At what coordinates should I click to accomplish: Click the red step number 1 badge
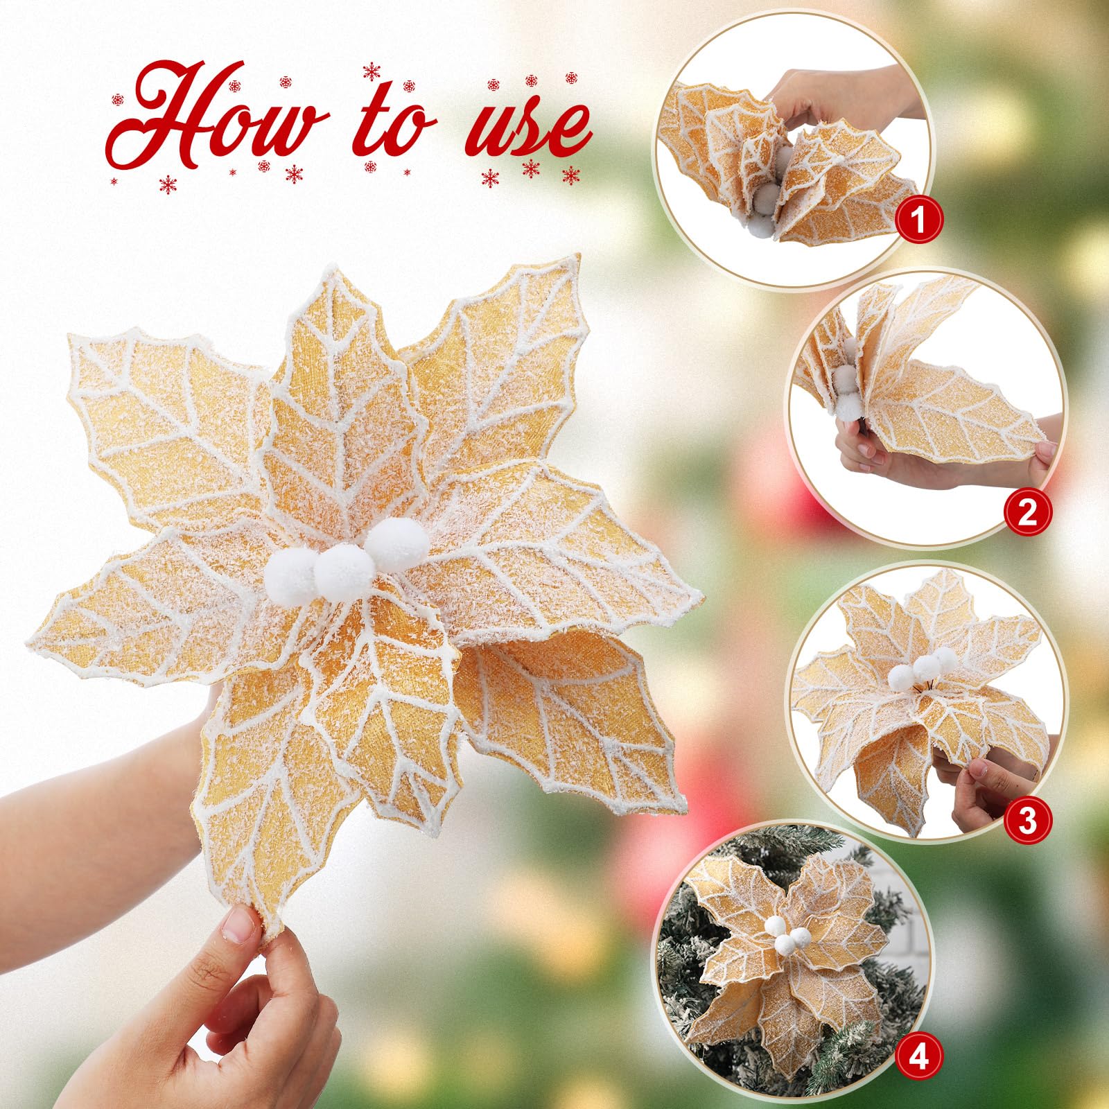tap(918, 222)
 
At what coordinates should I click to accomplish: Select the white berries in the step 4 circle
tap(783, 932)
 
